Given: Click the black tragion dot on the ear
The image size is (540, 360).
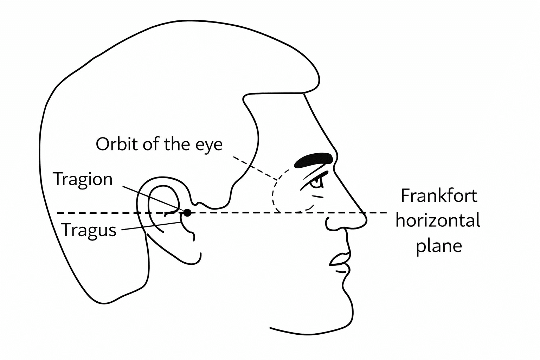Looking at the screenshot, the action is click(187, 213).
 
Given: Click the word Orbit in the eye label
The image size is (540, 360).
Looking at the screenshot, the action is click(117, 144).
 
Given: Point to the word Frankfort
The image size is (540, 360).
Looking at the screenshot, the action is click(439, 195).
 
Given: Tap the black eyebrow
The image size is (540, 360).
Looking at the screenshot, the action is click(313, 160).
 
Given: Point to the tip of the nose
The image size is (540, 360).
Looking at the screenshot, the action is click(366, 219).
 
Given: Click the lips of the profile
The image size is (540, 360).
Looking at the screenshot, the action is click(340, 262).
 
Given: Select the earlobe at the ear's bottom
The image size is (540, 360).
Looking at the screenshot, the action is click(193, 261).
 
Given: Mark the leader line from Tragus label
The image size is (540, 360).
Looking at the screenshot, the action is click(151, 226).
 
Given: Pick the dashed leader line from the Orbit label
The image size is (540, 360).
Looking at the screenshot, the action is click(255, 168).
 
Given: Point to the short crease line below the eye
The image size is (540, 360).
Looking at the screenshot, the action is click(318, 196).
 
